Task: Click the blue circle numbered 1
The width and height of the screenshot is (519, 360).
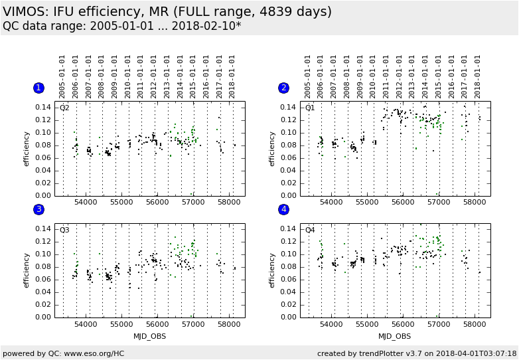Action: point(38,88)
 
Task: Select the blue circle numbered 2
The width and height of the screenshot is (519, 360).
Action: point(284,88)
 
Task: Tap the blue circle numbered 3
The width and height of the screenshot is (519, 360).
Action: point(38,210)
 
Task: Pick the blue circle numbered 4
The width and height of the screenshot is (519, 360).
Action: point(284,210)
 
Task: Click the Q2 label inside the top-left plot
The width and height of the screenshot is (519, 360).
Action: point(64,108)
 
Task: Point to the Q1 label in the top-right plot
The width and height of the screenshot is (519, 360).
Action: point(310,108)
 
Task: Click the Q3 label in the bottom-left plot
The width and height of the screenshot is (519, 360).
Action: point(64,230)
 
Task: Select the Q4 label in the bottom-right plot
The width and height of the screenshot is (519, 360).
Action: point(310,230)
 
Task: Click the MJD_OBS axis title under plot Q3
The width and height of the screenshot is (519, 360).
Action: point(149,336)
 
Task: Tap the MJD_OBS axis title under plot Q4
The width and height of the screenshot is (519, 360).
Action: point(395,336)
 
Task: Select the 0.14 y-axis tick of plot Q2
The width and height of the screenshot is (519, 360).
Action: point(42,107)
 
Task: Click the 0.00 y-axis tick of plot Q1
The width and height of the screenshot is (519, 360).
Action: point(288,196)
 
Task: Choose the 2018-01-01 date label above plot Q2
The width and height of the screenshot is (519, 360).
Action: point(232,76)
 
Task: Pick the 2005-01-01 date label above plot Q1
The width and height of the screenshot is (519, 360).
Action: point(308,76)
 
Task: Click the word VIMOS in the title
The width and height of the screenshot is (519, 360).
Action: point(26,11)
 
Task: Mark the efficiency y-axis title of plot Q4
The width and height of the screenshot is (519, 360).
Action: point(272,270)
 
